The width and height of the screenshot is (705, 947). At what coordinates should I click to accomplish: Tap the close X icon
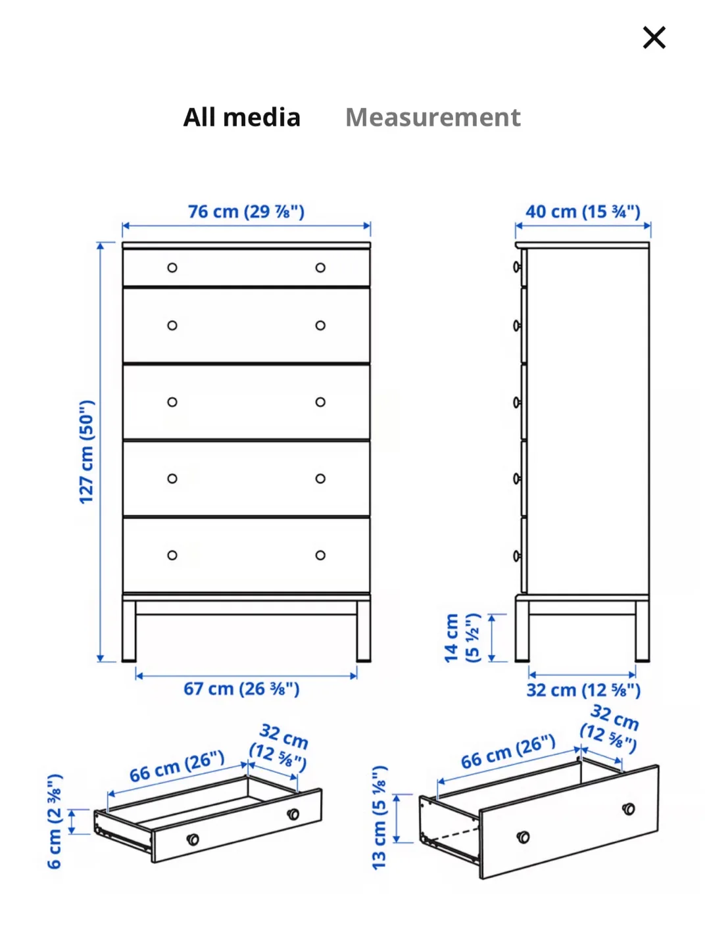[654, 37]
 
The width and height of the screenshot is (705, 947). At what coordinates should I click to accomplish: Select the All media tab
[241, 118]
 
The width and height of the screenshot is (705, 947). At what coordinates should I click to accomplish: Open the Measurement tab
[433, 118]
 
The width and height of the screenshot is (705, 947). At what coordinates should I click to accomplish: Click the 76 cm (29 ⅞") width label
[246, 212]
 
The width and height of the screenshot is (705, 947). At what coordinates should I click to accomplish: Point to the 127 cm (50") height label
[86, 452]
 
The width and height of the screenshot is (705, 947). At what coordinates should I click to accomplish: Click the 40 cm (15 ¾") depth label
[583, 212]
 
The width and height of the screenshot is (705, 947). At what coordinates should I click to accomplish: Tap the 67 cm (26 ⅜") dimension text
[241, 689]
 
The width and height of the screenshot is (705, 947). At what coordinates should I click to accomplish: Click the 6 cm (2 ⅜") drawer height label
[55, 821]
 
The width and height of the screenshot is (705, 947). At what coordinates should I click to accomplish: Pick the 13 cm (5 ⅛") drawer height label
[379, 817]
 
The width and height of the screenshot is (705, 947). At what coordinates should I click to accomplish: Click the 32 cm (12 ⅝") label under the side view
[583, 691]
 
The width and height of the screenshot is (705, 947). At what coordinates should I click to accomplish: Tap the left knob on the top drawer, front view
[172, 268]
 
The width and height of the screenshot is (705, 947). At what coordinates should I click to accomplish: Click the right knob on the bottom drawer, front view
[320, 555]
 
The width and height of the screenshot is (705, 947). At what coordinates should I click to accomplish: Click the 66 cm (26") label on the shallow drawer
[176, 767]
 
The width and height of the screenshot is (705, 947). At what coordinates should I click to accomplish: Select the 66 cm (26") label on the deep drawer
[508, 752]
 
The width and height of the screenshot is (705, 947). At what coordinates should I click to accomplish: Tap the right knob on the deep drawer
[629, 808]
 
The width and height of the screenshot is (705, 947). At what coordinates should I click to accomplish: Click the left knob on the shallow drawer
[193, 839]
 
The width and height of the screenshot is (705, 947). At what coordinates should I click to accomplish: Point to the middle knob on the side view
[518, 402]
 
